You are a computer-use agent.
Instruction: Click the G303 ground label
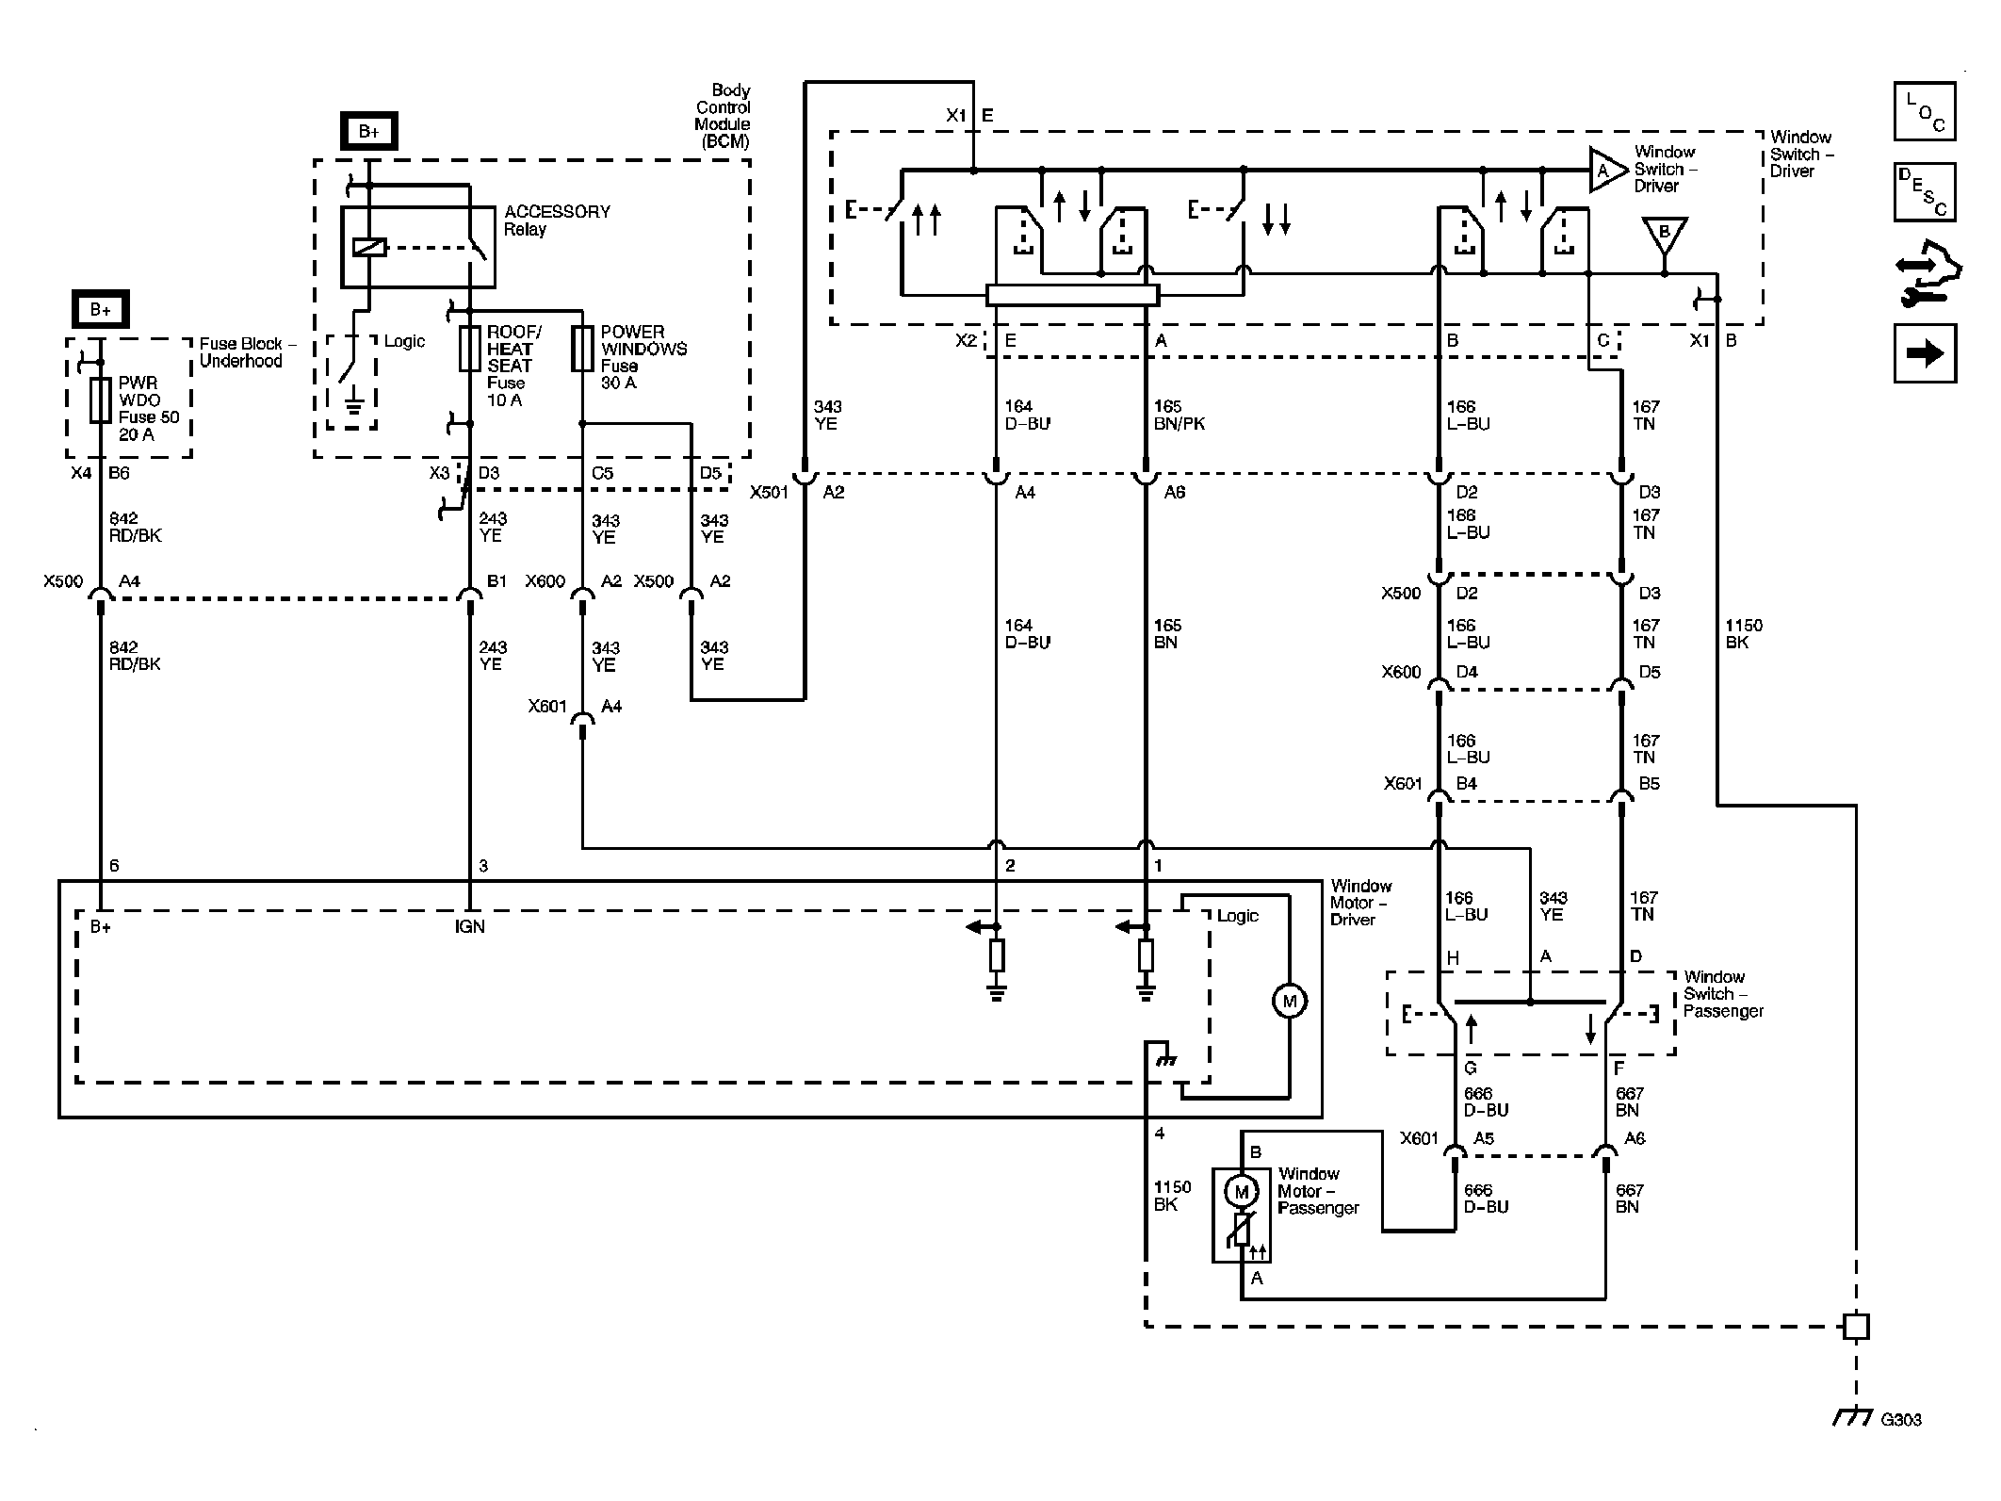click(1901, 1419)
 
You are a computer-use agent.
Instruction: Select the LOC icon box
click(1925, 111)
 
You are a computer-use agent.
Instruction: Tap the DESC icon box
click(1925, 192)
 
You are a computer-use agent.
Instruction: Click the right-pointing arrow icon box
click(1925, 353)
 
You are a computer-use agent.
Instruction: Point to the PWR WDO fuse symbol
click(100, 401)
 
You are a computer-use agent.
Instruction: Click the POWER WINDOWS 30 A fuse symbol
click(583, 349)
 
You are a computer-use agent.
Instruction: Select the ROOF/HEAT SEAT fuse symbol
click(469, 349)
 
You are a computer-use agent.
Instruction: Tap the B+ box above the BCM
click(368, 132)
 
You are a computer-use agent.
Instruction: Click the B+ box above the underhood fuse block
click(100, 309)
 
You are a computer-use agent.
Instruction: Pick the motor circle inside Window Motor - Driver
click(1289, 1001)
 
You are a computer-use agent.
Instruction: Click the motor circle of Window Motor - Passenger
click(1241, 1192)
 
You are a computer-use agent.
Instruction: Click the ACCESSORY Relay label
click(557, 220)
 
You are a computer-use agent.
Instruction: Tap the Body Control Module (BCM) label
click(723, 116)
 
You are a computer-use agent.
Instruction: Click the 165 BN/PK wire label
click(1179, 416)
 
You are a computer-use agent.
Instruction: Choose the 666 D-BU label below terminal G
click(1486, 1101)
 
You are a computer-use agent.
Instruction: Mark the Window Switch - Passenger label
click(1723, 994)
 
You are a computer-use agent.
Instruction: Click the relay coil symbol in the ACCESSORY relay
click(369, 248)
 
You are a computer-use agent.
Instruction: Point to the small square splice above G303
click(1855, 1327)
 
